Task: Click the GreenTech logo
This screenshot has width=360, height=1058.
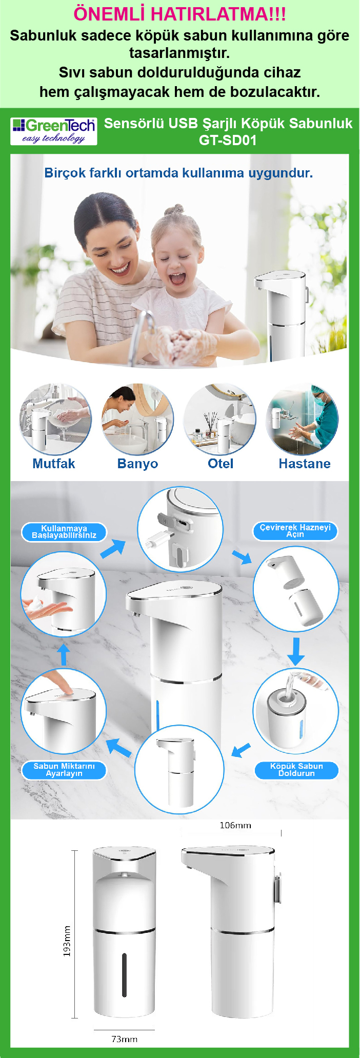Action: [x=54, y=131]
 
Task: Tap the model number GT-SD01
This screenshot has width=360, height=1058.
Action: [x=228, y=140]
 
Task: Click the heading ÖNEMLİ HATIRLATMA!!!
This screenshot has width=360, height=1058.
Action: [x=179, y=14]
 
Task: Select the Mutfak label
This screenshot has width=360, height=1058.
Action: [x=54, y=464]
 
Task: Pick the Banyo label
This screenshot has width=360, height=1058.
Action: [x=137, y=464]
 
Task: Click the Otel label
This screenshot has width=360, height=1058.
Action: [x=221, y=464]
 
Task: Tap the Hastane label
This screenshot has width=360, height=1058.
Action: [x=305, y=464]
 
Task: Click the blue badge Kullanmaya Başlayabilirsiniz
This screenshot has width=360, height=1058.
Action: [x=64, y=532]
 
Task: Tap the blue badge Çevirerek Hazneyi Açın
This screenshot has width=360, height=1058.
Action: [x=295, y=531]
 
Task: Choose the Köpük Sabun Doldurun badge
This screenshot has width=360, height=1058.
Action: [x=297, y=770]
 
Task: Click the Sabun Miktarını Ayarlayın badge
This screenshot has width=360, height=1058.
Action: [x=64, y=770]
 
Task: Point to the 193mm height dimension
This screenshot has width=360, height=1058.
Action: [x=67, y=941]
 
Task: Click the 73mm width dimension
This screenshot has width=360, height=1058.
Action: [x=125, y=1039]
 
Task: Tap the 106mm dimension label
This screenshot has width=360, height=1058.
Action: [x=235, y=825]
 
